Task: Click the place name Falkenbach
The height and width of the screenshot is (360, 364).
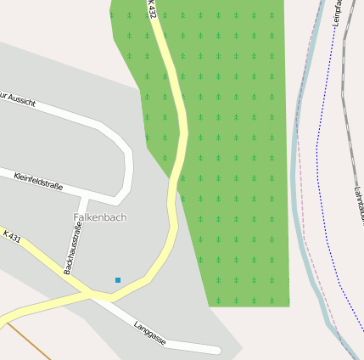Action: click(x=100, y=217)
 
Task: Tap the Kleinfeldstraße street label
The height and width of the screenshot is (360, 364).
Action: click(x=38, y=181)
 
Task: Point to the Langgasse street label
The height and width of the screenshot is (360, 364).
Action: click(x=150, y=333)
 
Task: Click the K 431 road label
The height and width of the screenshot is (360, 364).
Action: click(x=11, y=237)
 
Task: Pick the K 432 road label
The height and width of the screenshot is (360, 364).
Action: click(x=151, y=8)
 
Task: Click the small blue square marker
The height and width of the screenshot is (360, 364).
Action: click(x=118, y=280)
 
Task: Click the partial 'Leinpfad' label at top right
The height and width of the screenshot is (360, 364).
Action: click(x=339, y=13)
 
